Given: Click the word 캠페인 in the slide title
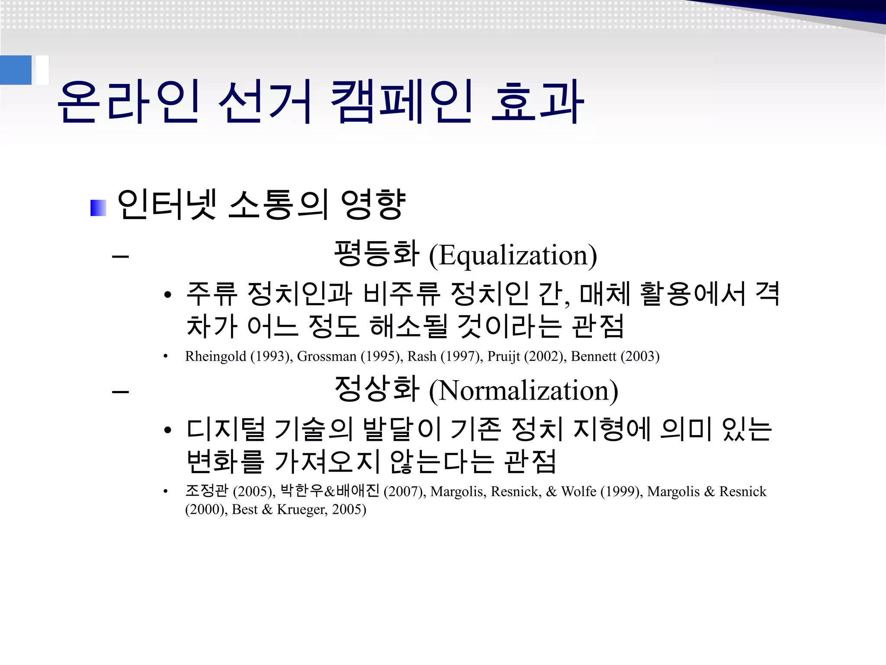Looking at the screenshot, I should (x=401, y=102).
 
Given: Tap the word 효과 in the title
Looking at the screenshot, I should (x=537, y=102).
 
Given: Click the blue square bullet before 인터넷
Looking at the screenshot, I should (x=98, y=208).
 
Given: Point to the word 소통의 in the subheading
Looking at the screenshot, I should (x=277, y=204).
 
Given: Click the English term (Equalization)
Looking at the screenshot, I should (x=513, y=255).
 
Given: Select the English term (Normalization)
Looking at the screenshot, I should (x=523, y=391).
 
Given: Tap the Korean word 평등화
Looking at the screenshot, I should (x=376, y=254).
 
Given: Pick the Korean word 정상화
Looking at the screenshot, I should (x=376, y=389).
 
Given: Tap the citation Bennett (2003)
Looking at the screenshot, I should (x=615, y=356).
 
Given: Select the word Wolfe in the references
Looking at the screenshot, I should (x=578, y=491).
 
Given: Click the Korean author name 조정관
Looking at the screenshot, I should (x=206, y=491).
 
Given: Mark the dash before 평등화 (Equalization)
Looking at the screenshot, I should (x=120, y=256).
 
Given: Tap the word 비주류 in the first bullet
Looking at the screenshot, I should (x=401, y=294).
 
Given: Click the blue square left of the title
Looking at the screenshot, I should (x=16, y=70).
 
